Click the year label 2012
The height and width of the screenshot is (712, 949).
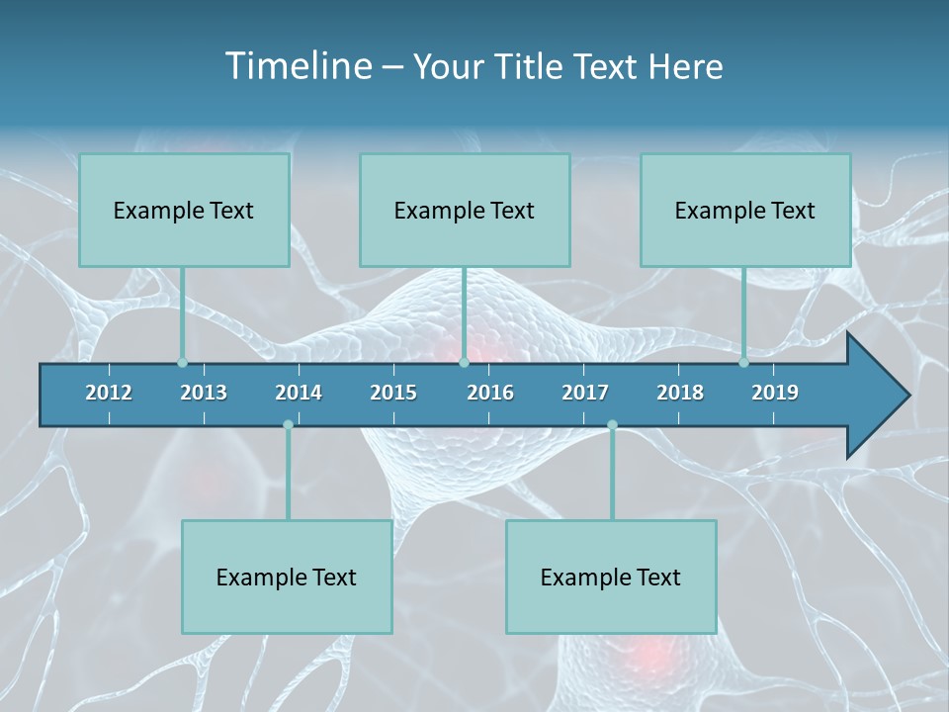coord(109,393)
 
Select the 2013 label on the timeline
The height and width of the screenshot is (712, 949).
coord(204,393)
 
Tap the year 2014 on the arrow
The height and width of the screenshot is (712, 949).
coord(299,393)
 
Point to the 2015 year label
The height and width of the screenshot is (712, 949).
coord(393,393)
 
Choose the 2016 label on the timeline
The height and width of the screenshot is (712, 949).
coord(490,393)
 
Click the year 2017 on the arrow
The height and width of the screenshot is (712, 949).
coord(585,393)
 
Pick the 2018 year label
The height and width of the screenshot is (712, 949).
coord(680,393)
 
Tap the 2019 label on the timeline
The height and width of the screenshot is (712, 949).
coord(775,393)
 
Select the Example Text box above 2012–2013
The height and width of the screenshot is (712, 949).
coord(184,210)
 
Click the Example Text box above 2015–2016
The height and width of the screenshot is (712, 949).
coord(465,210)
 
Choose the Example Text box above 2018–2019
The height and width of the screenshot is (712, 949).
coord(745,210)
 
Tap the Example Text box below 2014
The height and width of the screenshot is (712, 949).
coord(287,577)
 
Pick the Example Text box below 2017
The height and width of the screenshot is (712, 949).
coord(611,577)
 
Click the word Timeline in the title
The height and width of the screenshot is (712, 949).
coord(297,66)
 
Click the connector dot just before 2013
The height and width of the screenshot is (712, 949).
coord(182,363)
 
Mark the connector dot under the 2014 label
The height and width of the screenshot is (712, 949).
coord(288,425)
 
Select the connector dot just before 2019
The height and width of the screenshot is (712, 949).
coord(744,363)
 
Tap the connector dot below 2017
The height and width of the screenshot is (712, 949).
coord(612,425)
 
